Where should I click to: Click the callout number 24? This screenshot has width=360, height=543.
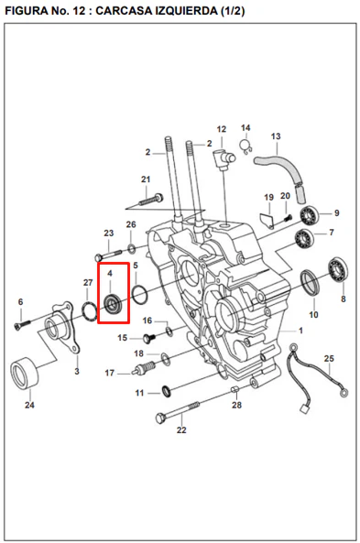click(x=29, y=405)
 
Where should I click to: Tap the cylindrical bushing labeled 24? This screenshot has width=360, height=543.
click(x=24, y=373)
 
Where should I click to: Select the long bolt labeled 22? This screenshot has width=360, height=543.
click(x=178, y=411)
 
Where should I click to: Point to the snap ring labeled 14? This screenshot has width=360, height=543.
click(x=245, y=147)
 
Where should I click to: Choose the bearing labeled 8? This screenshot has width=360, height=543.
click(x=338, y=270)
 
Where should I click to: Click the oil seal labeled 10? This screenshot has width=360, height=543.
click(x=309, y=283)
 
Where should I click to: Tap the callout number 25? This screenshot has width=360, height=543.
click(x=329, y=358)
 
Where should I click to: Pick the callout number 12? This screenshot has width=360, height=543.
click(x=222, y=129)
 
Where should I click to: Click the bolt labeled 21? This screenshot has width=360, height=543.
click(x=151, y=200)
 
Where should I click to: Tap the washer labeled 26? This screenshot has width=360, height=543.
click(x=131, y=248)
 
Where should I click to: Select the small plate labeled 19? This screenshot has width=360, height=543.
click(x=267, y=221)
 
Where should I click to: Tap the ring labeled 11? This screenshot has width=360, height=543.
click(x=167, y=391)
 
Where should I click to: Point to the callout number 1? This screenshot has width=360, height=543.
click(x=300, y=331)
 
